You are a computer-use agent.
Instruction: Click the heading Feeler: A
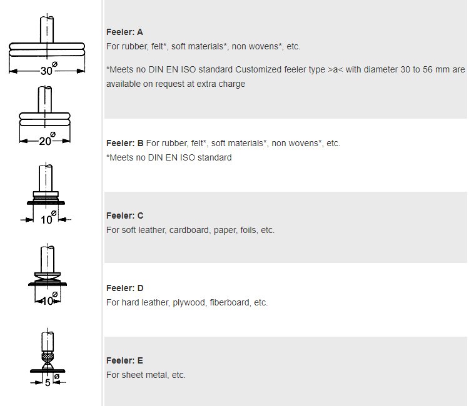tap(124, 32)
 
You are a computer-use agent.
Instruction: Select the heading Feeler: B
tap(124, 143)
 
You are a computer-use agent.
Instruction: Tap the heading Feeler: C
tap(124, 215)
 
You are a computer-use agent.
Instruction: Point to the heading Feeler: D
tap(124, 288)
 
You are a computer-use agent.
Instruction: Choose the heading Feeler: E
tap(124, 360)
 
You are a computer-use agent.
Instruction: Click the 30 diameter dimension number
tap(46, 71)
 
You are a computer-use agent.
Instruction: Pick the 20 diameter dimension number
tap(45, 141)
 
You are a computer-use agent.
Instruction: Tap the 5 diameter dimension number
tap(48, 382)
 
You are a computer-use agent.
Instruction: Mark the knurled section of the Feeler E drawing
tap(48, 357)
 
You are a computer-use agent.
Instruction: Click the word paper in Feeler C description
tap(225, 230)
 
